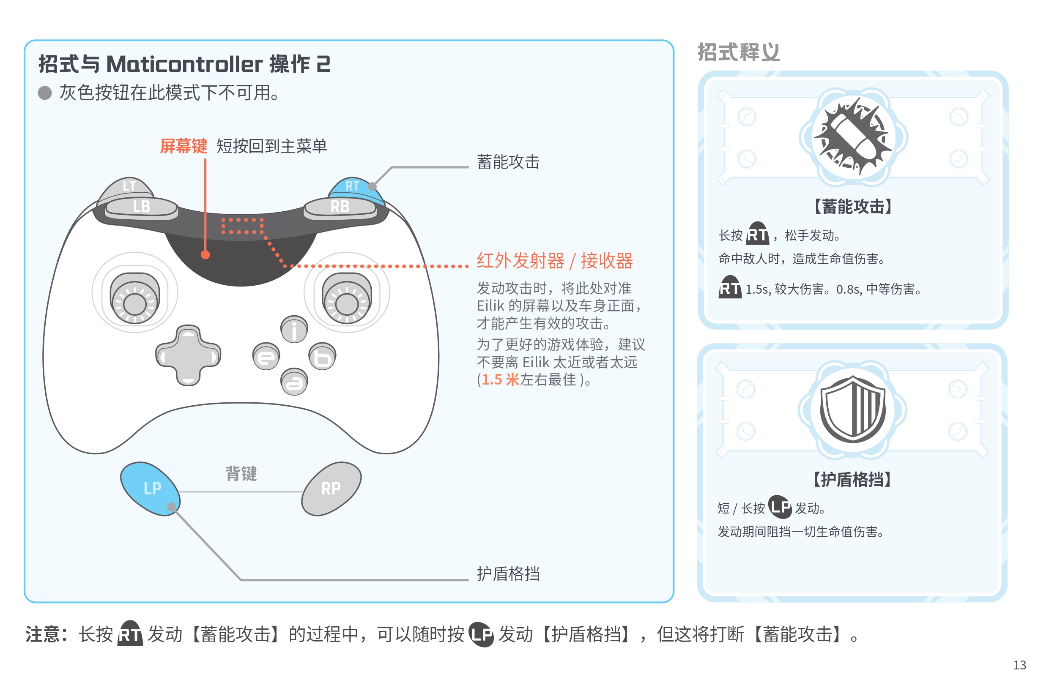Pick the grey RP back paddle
point(331,489)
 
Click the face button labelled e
point(266,357)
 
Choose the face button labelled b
point(322,357)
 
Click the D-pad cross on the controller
point(188,356)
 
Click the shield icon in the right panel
point(852,409)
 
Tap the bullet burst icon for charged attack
point(852,137)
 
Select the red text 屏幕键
point(184,146)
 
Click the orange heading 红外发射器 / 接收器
point(554,261)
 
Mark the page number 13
point(1019,665)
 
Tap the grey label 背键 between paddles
point(241,473)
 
